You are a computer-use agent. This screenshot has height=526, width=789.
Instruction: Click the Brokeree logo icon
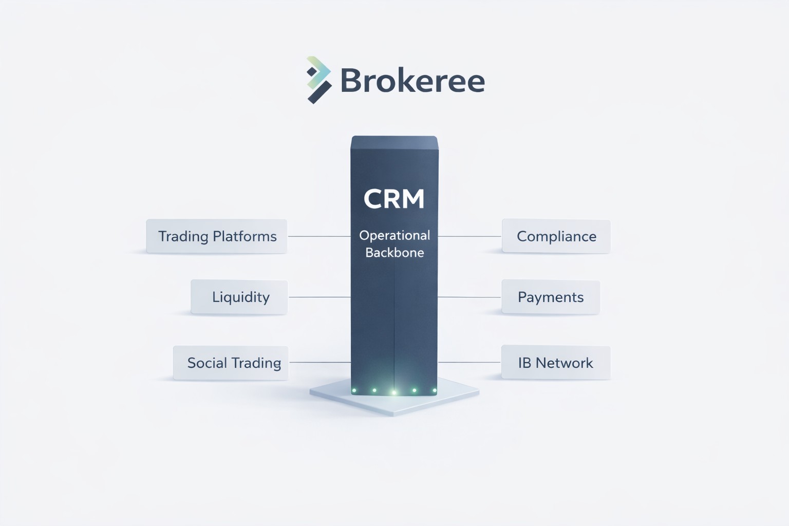318,80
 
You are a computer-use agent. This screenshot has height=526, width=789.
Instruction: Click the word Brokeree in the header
412,81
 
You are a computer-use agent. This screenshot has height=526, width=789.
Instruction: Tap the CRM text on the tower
394,199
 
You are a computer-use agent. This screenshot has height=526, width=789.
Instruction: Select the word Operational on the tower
394,235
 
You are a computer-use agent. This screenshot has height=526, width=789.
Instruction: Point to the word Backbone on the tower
394,252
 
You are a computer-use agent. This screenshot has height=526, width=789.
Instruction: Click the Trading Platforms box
217,236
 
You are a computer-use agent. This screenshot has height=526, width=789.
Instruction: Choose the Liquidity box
239,297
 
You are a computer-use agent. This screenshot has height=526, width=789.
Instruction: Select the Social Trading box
231,363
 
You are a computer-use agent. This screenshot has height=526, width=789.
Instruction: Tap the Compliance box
556,236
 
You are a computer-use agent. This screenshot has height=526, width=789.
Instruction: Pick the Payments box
550,297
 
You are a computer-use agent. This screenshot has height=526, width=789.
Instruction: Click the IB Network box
555,363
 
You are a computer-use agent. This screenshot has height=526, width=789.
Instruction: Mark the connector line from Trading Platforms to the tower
319,236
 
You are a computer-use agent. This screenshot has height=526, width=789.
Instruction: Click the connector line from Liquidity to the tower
320,297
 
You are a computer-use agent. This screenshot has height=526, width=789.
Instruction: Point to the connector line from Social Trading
320,362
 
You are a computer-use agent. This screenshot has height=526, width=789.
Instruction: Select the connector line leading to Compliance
469,236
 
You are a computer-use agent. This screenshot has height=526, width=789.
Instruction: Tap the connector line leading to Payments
469,297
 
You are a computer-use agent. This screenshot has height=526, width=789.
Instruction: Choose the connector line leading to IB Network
469,362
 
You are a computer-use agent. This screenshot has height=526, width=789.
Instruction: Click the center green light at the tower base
394,392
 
